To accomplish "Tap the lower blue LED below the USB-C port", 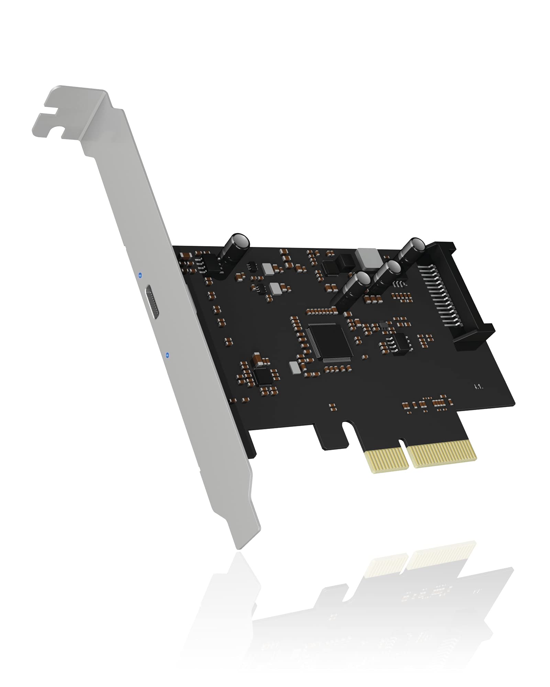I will tap(167, 354).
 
